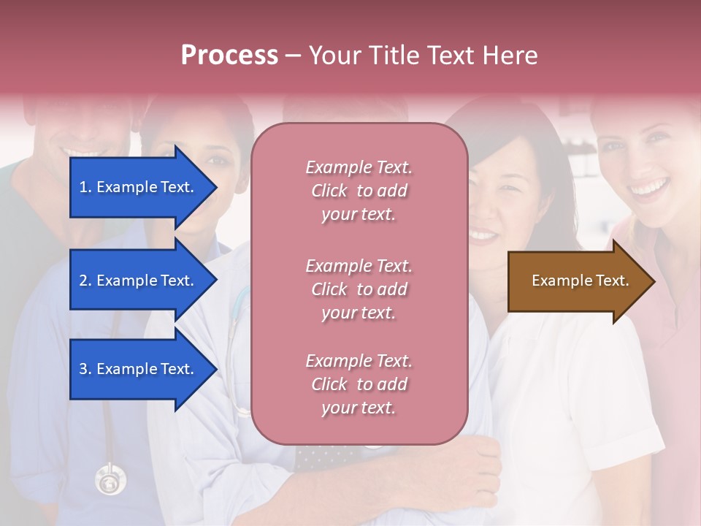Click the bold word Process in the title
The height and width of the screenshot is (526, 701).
229,56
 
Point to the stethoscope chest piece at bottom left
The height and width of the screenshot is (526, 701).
110,480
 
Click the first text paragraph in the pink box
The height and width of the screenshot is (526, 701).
359,191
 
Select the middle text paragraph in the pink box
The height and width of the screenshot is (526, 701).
359,289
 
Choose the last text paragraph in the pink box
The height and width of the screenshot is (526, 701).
359,384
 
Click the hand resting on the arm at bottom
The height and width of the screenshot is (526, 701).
467,468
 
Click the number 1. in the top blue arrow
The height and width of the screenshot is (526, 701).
85,187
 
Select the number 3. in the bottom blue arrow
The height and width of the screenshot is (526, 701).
85,369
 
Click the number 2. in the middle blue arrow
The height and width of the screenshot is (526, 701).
85,281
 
